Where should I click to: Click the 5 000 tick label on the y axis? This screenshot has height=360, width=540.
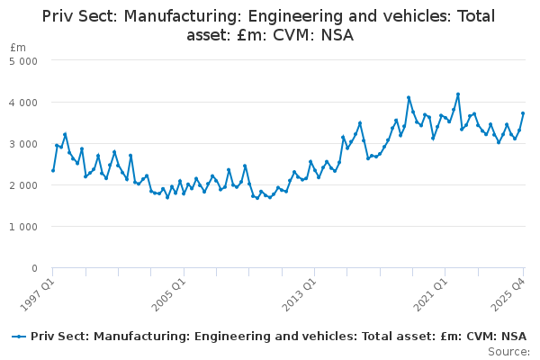click(x=24, y=61)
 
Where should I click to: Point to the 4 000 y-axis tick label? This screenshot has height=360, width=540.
click(x=24, y=103)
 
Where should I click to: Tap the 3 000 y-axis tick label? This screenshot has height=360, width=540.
click(x=24, y=144)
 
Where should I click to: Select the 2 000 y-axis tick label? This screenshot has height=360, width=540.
click(x=24, y=185)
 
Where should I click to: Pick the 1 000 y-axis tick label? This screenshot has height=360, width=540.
click(x=24, y=227)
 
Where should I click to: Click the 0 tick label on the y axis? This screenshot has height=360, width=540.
click(x=34, y=268)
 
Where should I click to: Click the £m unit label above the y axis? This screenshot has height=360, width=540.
click(x=18, y=47)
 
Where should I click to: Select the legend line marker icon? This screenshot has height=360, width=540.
click(x=19, y=337)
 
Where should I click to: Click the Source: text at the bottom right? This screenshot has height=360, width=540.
click(x=508, y=351)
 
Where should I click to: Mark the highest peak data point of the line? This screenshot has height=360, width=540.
click(x=458, y=94)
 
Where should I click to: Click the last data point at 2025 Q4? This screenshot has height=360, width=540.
click(x=523, y=113)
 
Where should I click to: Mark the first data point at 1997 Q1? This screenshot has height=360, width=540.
click(x=52, y=170)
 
